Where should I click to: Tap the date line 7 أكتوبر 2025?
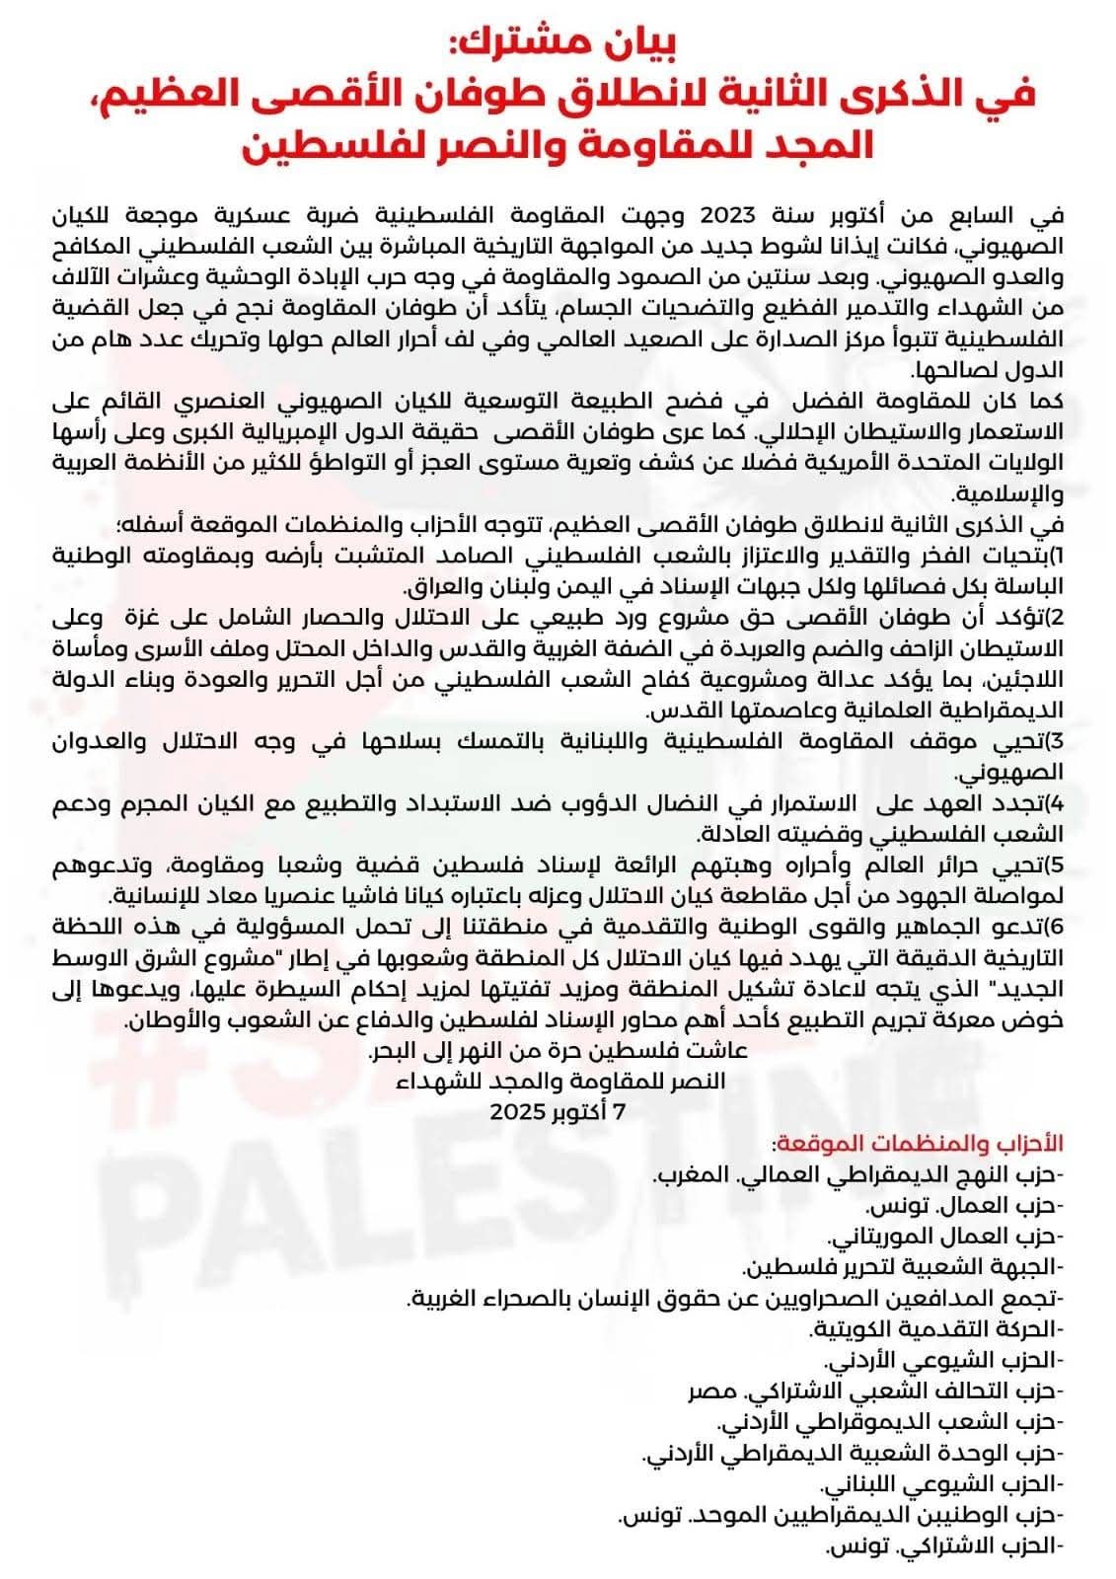(x=558, y=1109)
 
